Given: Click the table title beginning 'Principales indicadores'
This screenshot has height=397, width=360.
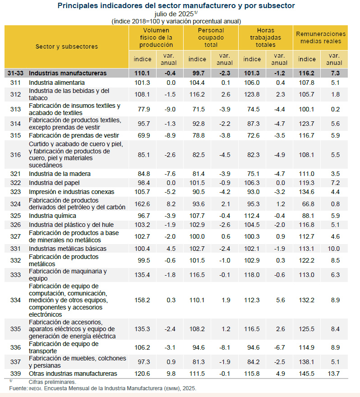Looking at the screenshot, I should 176,6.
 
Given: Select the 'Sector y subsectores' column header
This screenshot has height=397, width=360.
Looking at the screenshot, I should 67,46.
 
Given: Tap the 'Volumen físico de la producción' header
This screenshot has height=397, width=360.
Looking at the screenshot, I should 156,38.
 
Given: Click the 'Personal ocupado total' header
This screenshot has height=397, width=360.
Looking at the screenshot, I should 211,38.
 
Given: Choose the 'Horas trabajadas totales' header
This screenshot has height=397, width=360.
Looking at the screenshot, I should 265,38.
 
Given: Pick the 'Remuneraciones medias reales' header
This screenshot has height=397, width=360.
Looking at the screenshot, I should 320,37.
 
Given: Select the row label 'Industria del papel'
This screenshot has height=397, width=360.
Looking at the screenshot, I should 54,183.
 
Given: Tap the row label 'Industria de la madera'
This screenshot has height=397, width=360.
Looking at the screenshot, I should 60,174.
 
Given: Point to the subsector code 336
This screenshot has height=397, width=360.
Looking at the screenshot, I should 16,347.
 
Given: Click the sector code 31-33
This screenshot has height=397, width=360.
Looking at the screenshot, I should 16,73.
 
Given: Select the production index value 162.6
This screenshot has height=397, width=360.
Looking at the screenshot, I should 142,204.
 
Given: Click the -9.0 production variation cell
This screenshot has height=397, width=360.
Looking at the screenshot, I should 169,109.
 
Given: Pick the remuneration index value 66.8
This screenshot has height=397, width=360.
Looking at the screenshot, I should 307,204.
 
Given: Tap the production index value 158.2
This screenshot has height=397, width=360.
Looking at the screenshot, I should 142,300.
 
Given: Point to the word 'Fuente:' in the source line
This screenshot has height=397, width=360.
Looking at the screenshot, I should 18,388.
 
